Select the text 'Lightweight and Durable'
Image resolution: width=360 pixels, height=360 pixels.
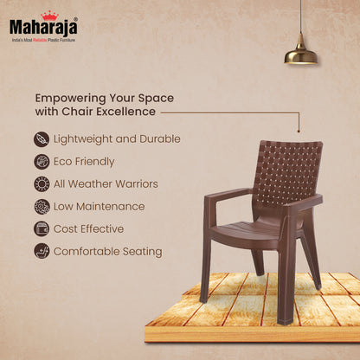[117, 139]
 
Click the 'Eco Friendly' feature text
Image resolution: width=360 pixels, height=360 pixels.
[84, 162]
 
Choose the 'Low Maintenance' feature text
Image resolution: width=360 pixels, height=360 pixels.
[99, 207]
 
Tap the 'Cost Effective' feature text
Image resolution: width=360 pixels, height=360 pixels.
[89, 229]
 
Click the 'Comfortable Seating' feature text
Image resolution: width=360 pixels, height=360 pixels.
[107, 252]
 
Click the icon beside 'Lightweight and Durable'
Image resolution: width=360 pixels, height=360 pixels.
[42, 139]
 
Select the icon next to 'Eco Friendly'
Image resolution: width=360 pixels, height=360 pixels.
[42, 162]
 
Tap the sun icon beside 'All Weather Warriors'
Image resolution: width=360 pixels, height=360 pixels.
[42, 184]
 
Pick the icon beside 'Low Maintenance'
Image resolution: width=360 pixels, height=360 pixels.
[42, 207]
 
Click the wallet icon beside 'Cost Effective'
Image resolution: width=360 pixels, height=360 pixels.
[42, 229]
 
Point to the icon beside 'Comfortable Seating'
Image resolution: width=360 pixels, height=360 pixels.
[42, 252]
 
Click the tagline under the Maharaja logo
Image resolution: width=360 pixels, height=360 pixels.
[43, 39]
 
